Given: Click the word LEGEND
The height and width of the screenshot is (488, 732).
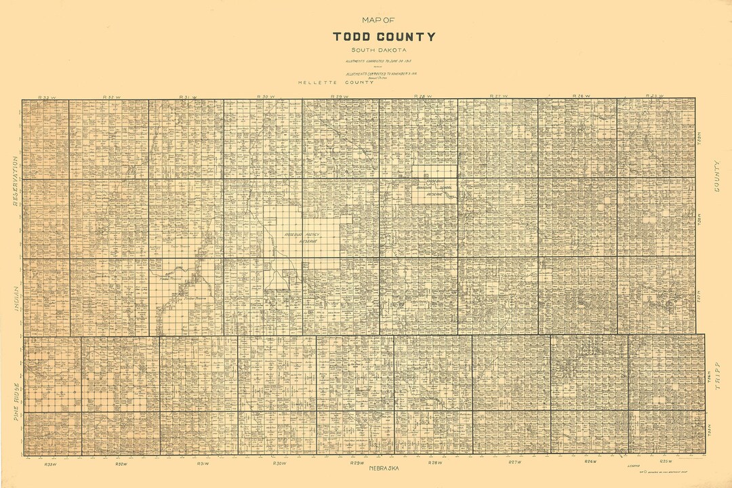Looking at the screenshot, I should point(633,466).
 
